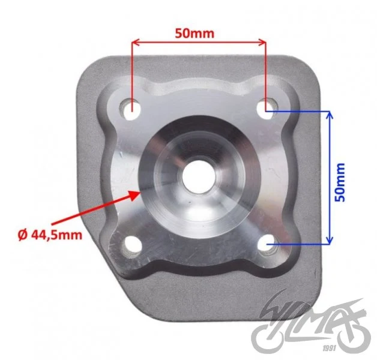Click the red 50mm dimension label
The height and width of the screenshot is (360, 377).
click(x=195, y=34)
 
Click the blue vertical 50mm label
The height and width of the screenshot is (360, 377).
click(x=340, y=182)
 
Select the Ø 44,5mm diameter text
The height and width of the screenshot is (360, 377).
click(x=50, y=235)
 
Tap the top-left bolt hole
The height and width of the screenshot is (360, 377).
click(x=130, y=110)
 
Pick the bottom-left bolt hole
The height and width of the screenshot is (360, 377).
click(x=132, y=245)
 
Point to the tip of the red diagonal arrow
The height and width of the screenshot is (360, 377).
click(x=140, y=191)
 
